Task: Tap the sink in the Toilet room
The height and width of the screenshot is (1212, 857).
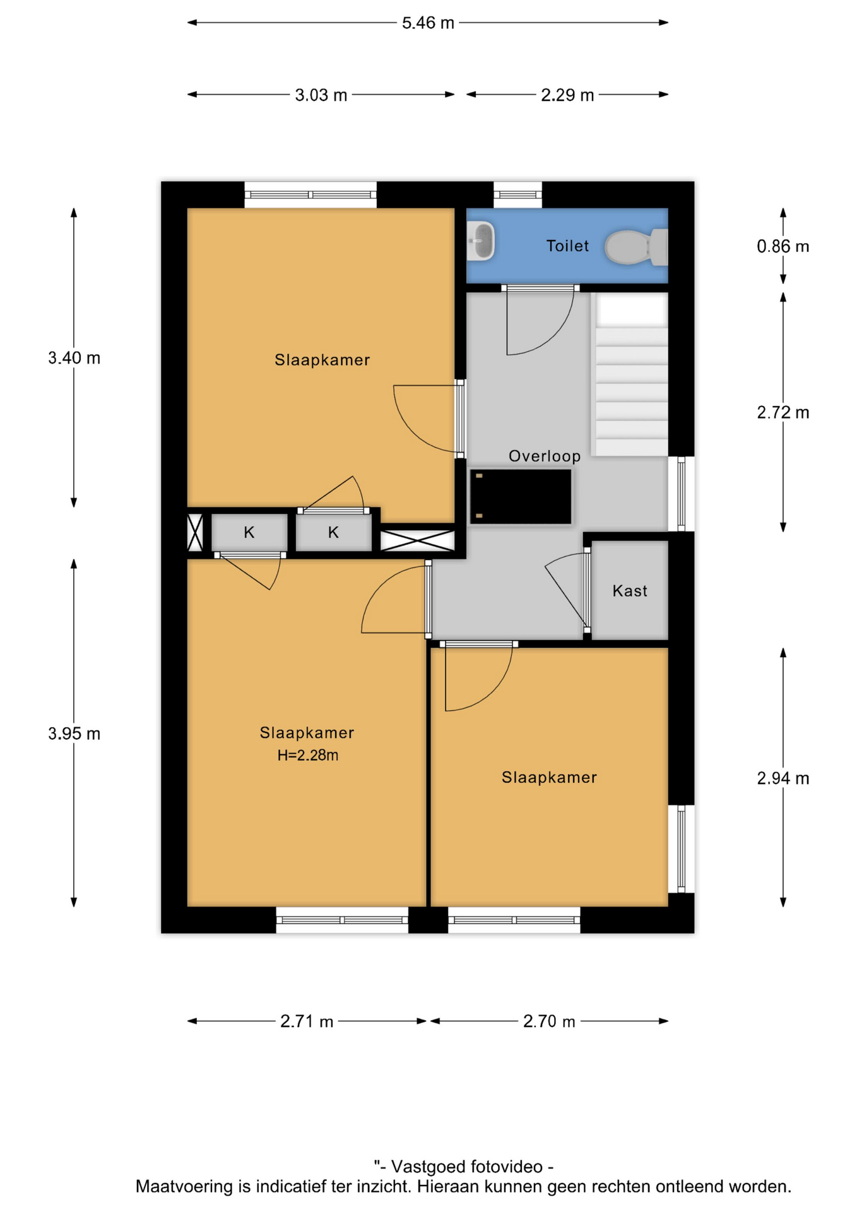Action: coord(481,241)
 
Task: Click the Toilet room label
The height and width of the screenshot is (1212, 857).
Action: coord(567,246)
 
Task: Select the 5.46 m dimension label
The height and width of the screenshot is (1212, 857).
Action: coord(428,23)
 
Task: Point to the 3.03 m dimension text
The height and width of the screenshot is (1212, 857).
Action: coord(321,95)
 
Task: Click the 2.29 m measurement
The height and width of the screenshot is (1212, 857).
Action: coord(567,95)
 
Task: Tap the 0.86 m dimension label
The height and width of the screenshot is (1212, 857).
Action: coord(783,246)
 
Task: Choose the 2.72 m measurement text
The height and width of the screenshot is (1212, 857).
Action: coord(783,413)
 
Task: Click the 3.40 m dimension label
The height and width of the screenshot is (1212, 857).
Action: coord(74,358)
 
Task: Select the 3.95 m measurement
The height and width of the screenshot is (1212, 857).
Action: coord(74,734)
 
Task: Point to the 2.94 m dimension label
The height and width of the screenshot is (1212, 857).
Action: coord(783,778)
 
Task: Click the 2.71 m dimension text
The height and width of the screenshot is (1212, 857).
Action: coord(307,1021)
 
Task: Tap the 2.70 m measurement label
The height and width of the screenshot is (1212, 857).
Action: coord(549,1021)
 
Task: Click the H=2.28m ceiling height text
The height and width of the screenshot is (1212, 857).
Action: coord(308,755)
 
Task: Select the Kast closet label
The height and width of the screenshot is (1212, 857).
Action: coord(630,591)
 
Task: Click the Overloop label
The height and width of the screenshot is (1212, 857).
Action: coord(545,456)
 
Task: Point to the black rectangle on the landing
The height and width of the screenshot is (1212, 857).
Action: coord(521,496)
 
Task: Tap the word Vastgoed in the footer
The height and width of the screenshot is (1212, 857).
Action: coord(435,1167)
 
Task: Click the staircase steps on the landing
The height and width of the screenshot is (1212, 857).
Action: coord(630,374)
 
